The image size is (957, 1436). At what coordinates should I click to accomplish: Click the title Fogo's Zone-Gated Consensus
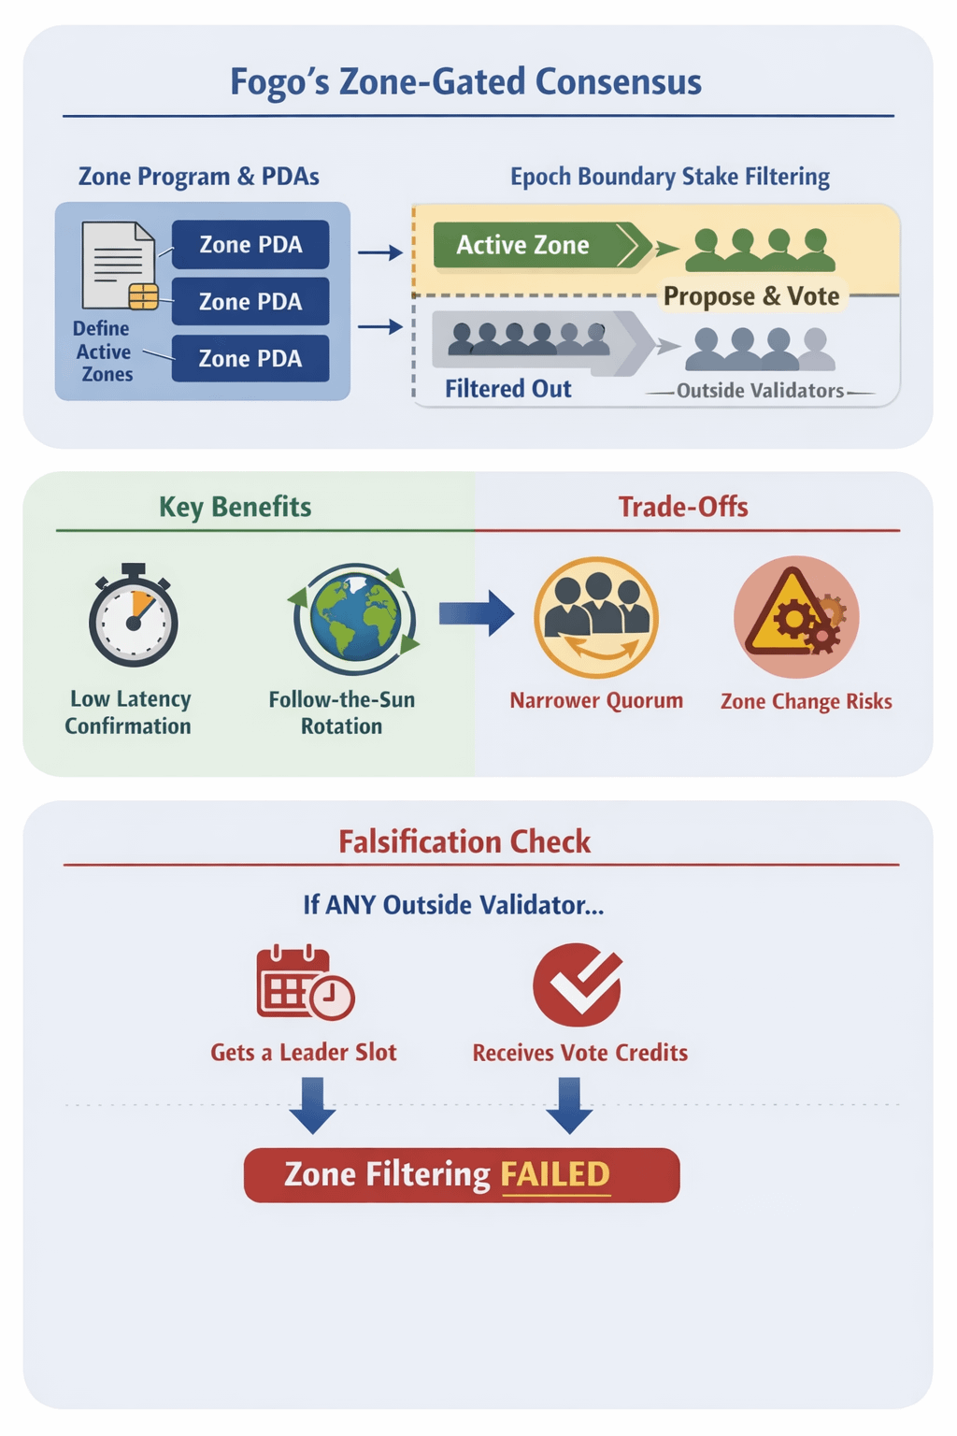coord(465,82)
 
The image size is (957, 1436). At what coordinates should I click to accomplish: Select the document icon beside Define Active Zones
coord(119,266)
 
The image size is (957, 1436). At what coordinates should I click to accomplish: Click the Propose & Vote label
coord(751,296)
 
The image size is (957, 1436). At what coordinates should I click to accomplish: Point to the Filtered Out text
coord(507,389)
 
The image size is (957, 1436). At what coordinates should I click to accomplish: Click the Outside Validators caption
coord(760,391)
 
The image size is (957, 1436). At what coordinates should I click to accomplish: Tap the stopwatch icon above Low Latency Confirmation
coord(134,617)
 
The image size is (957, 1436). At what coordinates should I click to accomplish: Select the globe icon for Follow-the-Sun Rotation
coord(354,618)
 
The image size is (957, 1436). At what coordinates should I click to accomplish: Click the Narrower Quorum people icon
coord(596,617)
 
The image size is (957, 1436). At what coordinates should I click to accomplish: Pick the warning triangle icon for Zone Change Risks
coord(795,617)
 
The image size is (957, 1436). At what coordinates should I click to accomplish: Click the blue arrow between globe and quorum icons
coord(476,613)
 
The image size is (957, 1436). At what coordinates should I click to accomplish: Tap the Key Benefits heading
coord(235,507)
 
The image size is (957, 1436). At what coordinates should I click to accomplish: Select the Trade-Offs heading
coord(683,507)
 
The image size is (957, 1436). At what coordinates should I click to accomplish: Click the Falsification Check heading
coord(464,841)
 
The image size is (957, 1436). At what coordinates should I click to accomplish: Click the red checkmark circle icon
coord(578,984)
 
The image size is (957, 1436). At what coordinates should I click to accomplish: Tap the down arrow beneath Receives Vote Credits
coord(569,1104)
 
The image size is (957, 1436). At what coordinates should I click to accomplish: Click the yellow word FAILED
coord(555,1174)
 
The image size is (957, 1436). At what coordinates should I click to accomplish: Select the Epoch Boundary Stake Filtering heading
coord(669,177)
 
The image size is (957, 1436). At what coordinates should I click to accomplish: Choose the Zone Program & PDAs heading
coord(198,177)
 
